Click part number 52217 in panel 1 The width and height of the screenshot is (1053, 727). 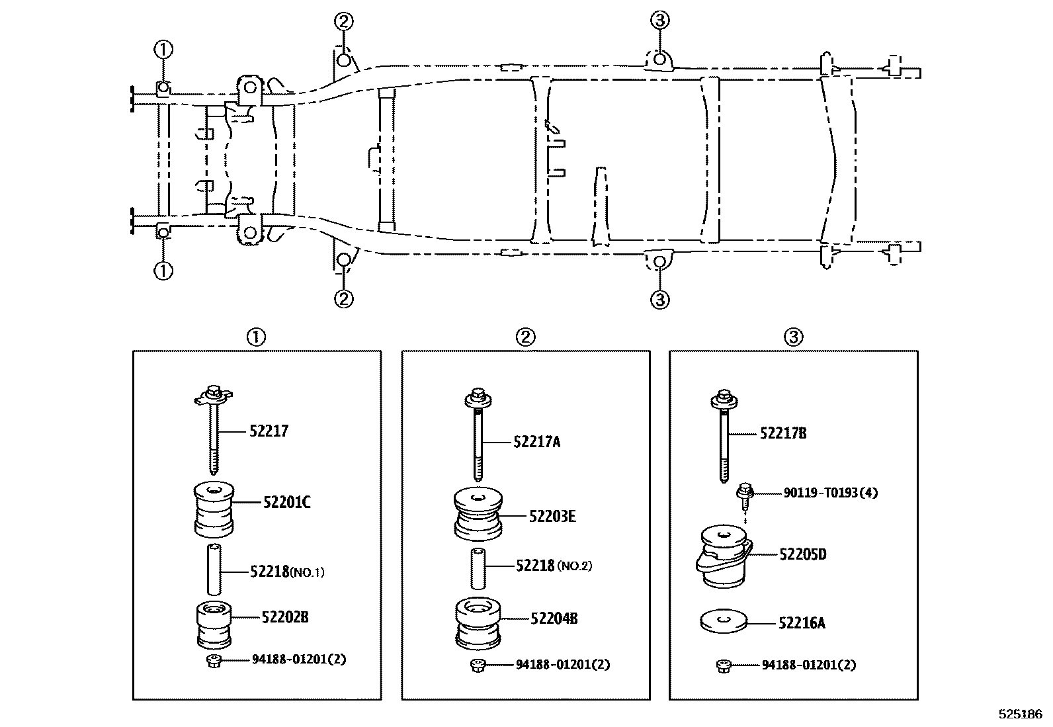[269, 431]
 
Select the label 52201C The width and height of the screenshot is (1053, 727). [286, 503]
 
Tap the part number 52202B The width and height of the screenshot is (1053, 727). [284, 617]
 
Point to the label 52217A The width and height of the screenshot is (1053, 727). [536, 442]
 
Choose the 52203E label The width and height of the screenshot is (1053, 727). [552, 516]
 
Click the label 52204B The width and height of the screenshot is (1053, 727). [554, 619]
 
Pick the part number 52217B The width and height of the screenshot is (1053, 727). [782, 434]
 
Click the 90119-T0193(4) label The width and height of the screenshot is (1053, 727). [830, 493]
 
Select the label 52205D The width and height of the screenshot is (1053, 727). [802, 554]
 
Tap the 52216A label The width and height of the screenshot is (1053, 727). [801, 623]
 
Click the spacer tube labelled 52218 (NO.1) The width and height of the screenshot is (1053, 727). [214, 569]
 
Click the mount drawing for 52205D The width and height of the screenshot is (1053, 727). [724, 556]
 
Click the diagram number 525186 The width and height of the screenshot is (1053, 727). [1020, 714]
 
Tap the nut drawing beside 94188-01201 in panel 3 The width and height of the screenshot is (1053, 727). [723, 666]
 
